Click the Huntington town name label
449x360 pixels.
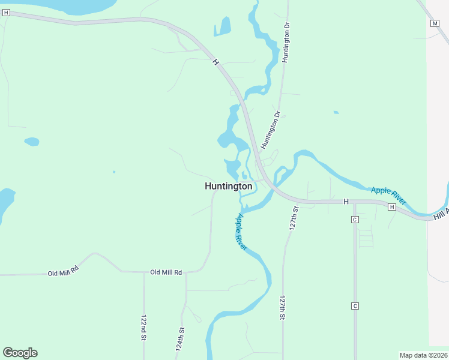[x=228, y=187]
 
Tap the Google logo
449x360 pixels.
[x=20, y=353]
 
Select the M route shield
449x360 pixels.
[x=435, y=23]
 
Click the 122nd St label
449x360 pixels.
[x=143, y=328]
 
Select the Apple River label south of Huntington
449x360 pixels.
[x=242, y=232]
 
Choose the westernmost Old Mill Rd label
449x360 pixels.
[x=63, y=271]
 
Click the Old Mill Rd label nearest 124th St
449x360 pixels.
[x=166, y=272]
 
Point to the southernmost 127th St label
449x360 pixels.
[x=282, y=307]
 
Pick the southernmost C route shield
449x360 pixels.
[x=355, y=306]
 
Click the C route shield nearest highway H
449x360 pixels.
[x=355, y=220]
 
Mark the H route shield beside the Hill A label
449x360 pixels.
[x=391, y=207]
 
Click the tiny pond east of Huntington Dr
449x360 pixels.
[x=336, y=112]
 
